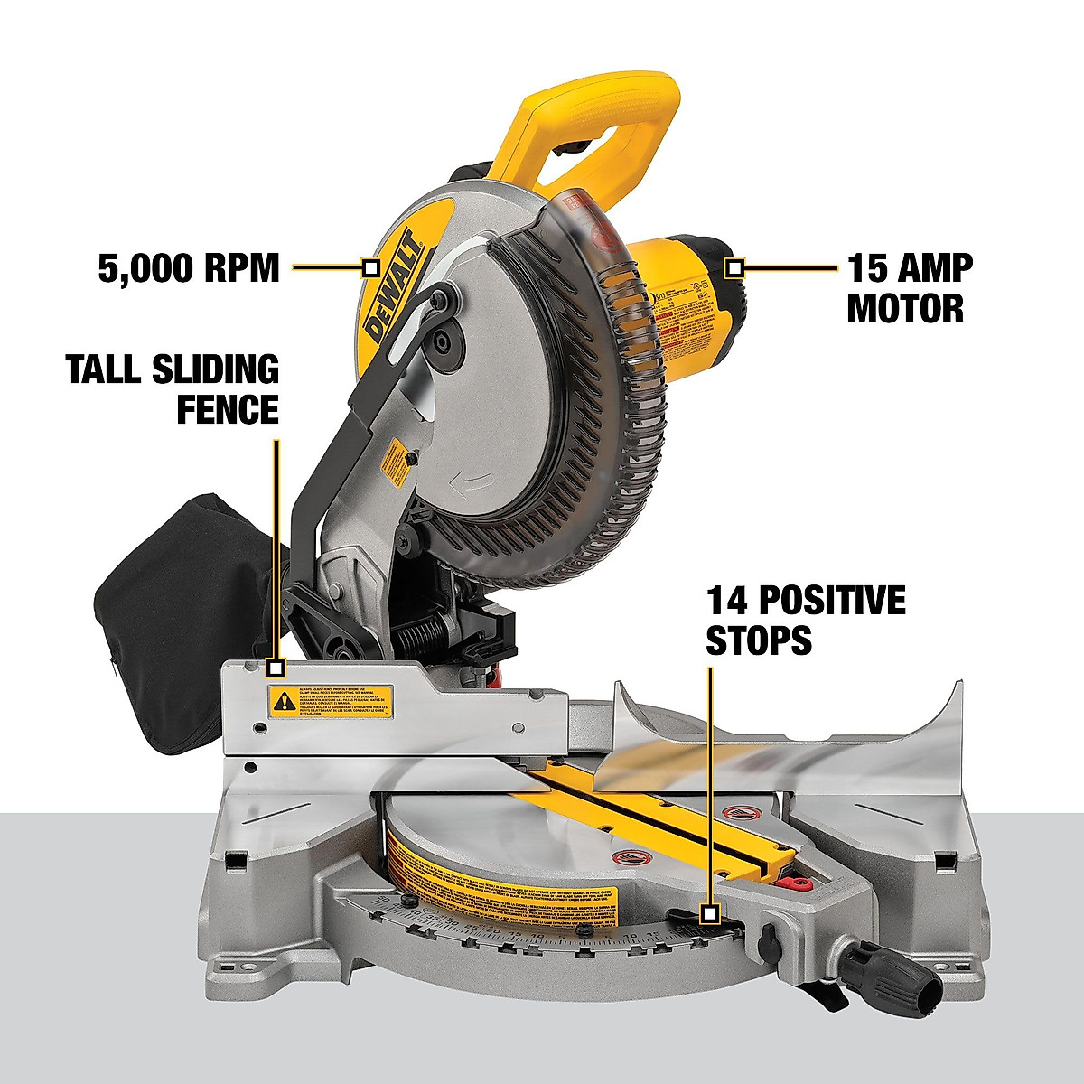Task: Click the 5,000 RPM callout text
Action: [189, 268]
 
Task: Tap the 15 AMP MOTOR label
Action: [910, 288]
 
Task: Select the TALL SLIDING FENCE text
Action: [173, 389]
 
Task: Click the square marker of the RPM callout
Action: [369, 267]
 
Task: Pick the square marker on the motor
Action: [735, 267]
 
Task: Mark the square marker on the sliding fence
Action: [276, 668]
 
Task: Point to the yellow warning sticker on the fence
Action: [330, 699]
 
